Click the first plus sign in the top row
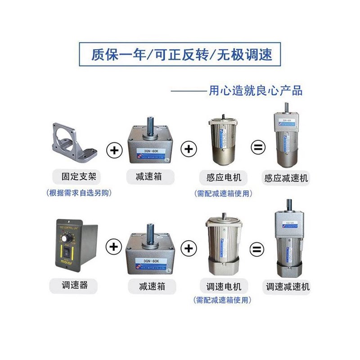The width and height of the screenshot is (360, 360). click(114, 150)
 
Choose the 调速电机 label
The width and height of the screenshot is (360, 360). click(224, 286)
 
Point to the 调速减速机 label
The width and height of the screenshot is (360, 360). click(288, 286)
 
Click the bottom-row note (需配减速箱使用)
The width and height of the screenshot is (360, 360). click(222, 300)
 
